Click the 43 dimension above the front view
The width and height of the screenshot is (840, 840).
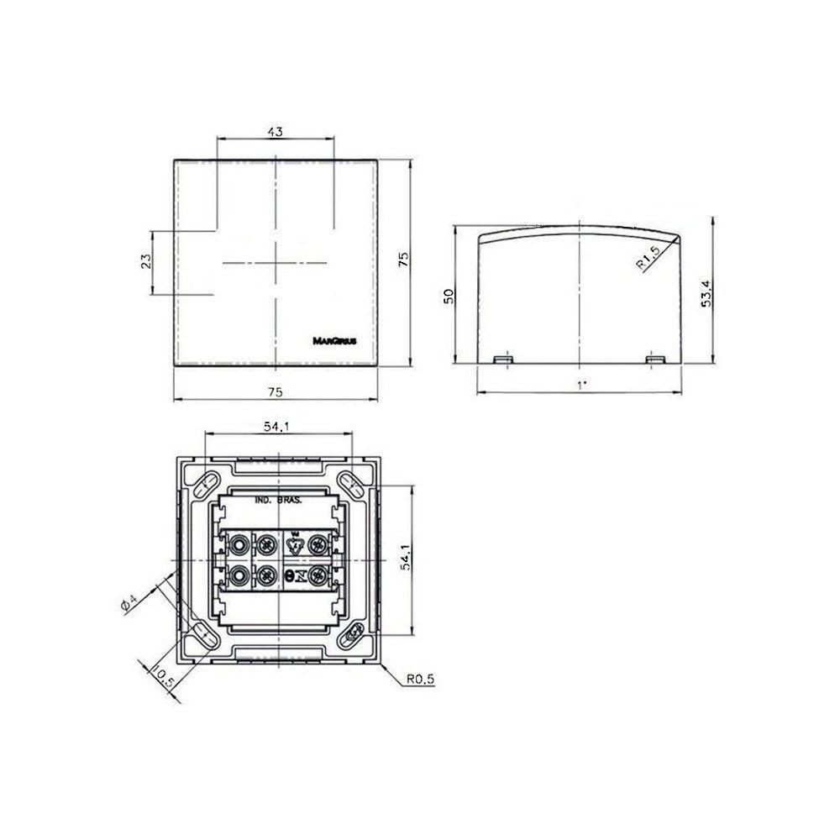coord(275,131)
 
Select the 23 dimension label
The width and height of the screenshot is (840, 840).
coord(144,261)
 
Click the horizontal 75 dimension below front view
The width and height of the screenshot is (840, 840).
coord(275,391)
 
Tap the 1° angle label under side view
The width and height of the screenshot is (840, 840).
coord(580,384)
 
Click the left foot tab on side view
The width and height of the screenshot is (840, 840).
coord(504,360)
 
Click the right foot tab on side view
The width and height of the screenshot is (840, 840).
coord(654,360)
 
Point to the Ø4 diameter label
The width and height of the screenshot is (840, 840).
coord(128,603)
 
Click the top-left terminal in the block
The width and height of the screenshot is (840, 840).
coord(240,544)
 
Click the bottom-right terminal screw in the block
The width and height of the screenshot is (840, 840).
coord(318,576)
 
